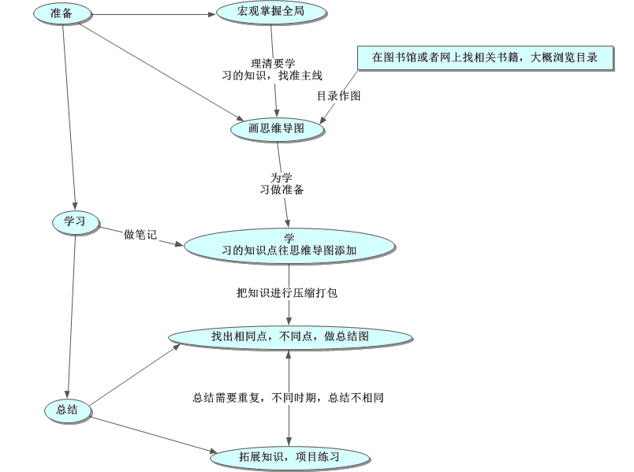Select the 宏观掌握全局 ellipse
[270, 13]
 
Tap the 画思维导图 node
[277, 128]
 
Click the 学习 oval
[74, 222]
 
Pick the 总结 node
[67, 409]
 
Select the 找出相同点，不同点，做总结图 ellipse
[290, 336]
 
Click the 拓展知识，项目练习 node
[290, 456]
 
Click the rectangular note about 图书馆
[484, 58]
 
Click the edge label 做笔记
[140, 234]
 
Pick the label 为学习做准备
[282, 184]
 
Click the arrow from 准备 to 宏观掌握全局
[150, 14]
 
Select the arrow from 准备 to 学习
[69, 118]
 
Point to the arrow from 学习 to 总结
[71, 315]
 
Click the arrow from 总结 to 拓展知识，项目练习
[150, 433]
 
